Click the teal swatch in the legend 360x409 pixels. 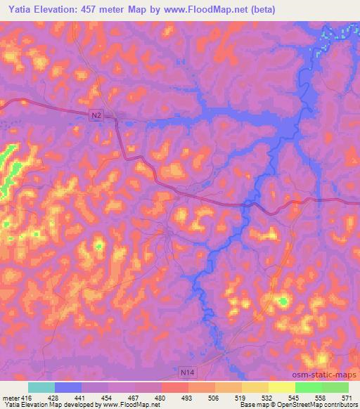point(41,387)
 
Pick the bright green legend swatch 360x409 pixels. point(309,387)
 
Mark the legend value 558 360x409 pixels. point(321,397)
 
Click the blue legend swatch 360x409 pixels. point(67,387)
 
